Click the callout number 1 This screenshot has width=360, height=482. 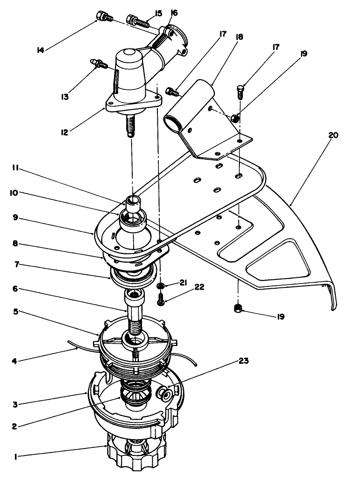click(16, 457)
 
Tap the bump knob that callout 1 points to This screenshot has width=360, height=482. click(135, 454)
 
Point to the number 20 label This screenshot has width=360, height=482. click(333, 136)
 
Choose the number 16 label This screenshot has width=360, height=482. click(174, 13)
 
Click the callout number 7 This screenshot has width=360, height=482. click(16, 265)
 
